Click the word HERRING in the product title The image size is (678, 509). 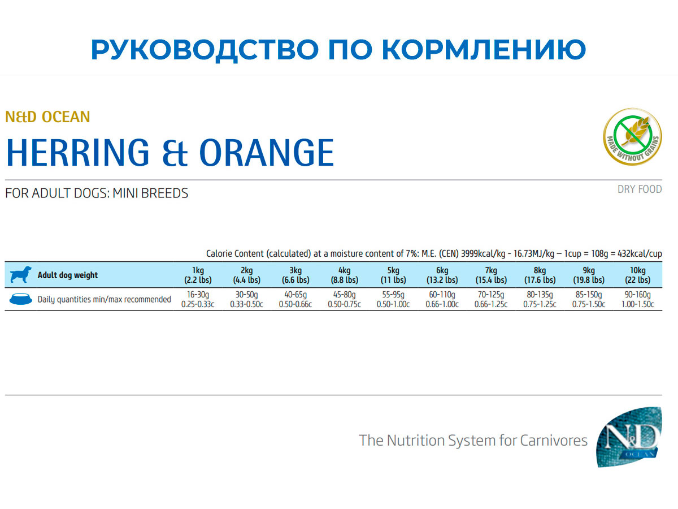pos(77,152)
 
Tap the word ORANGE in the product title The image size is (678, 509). pos(267,152)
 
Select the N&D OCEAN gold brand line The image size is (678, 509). pos(47,117)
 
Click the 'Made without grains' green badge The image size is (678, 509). pos(632,137)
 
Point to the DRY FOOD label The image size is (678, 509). pos(639,189)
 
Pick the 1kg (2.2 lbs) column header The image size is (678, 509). pos(198,275)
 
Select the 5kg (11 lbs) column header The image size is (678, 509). pos(393,275)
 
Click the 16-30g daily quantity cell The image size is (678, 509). pos(198,299)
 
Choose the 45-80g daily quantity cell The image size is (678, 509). pos(344,299)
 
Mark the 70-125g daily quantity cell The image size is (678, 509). pos(491,299)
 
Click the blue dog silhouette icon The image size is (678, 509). pos(21,275)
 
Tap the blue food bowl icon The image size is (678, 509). pos(21,299)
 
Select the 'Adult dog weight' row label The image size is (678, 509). pos(67,275)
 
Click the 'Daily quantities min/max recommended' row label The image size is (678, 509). pos(104,299)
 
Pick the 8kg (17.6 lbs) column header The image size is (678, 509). pos(540,275)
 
